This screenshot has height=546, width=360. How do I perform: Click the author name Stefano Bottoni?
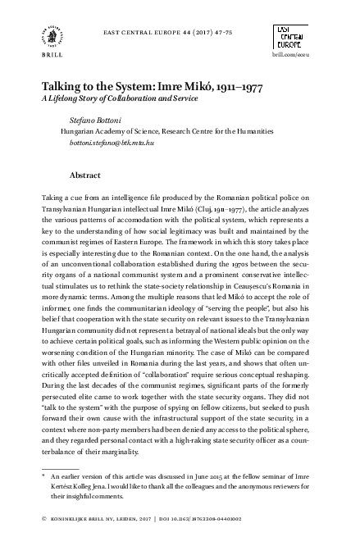click(x=97, y=119)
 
